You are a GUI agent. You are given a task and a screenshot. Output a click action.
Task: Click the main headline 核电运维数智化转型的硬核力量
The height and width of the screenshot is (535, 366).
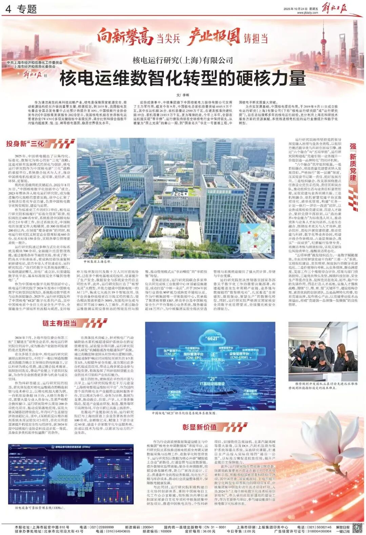183,78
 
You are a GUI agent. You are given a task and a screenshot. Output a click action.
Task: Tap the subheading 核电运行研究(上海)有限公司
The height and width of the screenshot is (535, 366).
183,60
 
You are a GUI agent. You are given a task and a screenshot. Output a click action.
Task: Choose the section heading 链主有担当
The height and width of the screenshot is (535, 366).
60,323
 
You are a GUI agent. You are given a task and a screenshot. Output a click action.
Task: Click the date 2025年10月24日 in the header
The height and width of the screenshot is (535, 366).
296,9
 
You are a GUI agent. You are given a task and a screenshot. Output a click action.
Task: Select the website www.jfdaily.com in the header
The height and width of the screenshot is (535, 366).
307,13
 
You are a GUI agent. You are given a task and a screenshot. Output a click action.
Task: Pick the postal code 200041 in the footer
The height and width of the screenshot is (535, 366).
148,527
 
